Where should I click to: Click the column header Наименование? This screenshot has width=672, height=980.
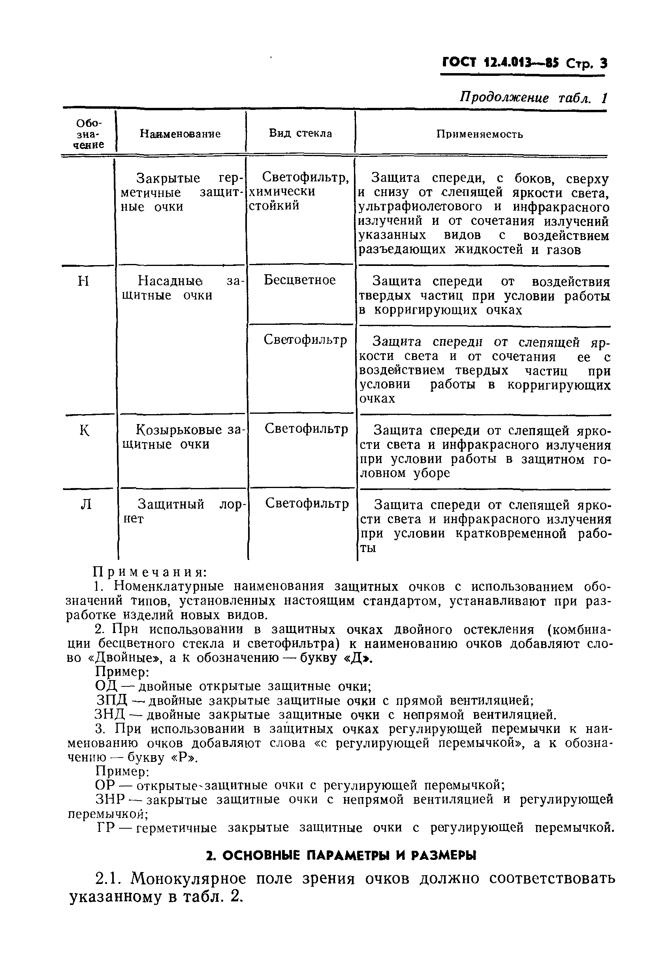click(x=180, y=134)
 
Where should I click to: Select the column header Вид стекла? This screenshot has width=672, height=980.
click(x=300, y=133)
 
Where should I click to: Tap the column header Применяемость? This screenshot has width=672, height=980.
click(x=479, y=134)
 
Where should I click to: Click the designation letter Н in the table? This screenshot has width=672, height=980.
click(x=83, y=281)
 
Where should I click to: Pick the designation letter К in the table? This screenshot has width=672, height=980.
click(x=85, y=431)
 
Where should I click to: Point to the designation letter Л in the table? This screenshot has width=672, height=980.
click(x=86, y=504)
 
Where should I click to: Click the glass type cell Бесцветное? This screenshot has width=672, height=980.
click(x=300, y=280)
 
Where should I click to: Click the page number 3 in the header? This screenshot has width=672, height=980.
click(x=603, y=63)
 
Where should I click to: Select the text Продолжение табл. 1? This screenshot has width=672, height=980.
click(x=533, y=98)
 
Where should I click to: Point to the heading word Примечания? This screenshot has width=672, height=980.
click(x=149, y=572)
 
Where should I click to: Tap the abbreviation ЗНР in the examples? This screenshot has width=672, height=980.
click(x=111, y=799)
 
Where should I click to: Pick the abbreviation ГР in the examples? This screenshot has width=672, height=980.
click(x=106, y=828)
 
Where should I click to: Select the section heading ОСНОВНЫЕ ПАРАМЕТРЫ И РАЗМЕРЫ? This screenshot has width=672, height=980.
click(x=341, y=856)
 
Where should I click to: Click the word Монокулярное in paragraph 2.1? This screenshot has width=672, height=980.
click(x=188, y=879)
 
